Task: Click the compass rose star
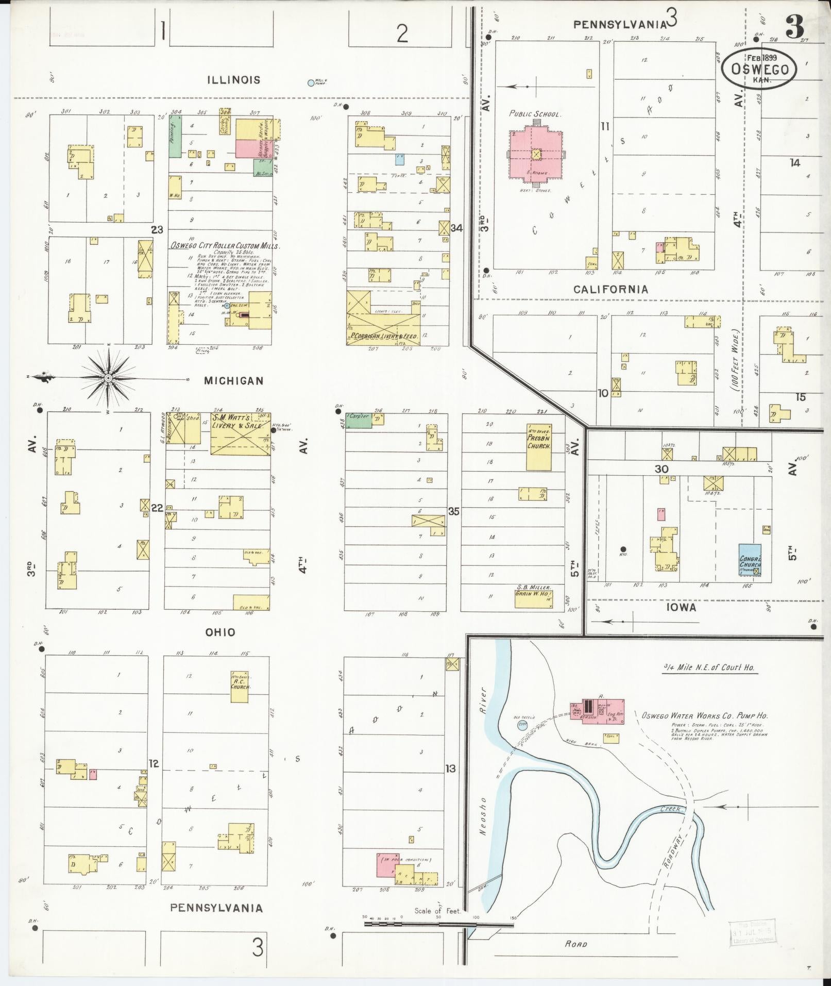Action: (108, 378)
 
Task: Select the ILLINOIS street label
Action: (234, 80)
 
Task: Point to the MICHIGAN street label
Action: (234, 381)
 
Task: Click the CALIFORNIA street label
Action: (611, 290)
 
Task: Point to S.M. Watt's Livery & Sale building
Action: (240, 433)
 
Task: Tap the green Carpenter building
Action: (359, 420)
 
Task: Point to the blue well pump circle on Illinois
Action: (311, 82)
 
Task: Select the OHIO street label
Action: (220, 632)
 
